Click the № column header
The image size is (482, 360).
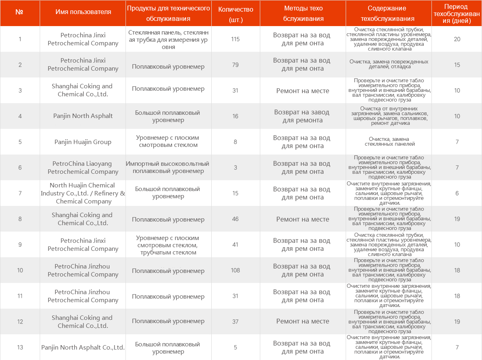[x=19, y=12]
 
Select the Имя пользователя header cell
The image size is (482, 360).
[x=83, y=12]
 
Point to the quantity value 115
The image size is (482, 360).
[x=235, y=39]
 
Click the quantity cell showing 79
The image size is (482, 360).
[x=235, y=65]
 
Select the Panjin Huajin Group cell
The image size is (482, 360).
[x=83, y=142]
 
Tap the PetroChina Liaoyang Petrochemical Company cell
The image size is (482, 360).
[x=83, y=167]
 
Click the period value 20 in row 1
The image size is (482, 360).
[x=457, y=39]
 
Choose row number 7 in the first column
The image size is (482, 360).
[x=20, y=193]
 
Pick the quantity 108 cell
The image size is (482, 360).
[x=235, y=270]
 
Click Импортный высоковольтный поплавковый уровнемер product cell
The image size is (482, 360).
[x=168, y=167]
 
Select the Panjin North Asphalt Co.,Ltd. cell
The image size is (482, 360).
[x=83, y=347]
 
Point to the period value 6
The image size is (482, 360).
[x=457, y=193]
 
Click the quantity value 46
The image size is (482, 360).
[x=235, y=219]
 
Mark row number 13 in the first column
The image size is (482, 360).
[x=20, y=347]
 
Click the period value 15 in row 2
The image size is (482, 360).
[x=457, y=65]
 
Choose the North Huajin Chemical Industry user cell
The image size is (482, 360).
[x=83, y=193]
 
